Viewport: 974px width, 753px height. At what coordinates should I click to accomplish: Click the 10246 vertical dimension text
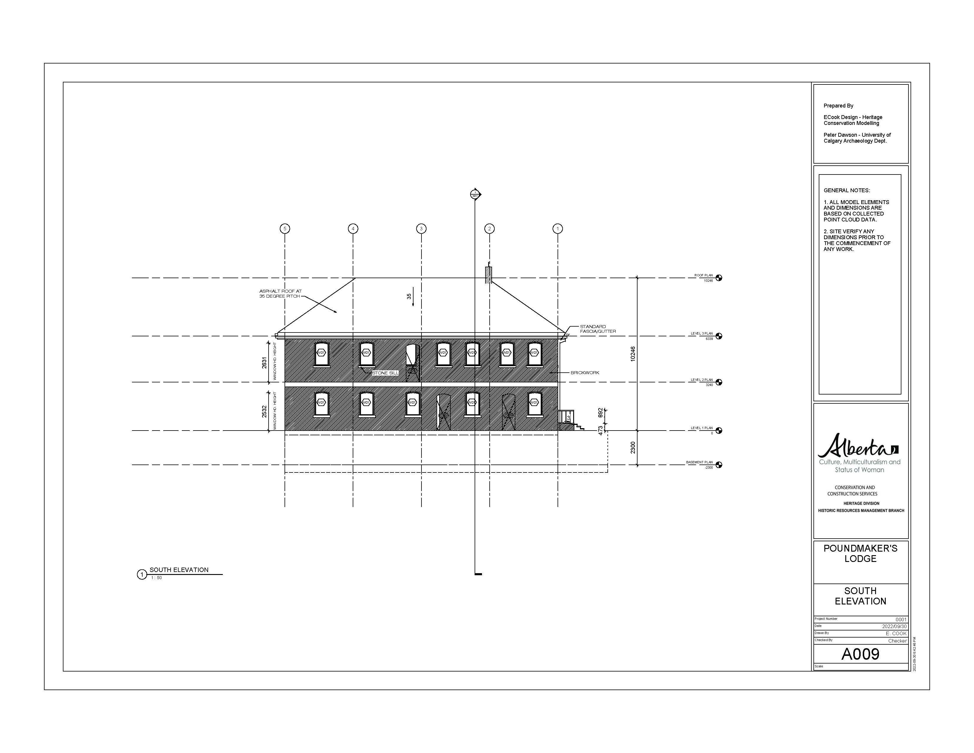[633, 354]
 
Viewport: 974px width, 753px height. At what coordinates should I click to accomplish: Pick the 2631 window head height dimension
[264, 363]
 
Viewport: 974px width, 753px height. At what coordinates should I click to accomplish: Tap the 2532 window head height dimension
[264, 411]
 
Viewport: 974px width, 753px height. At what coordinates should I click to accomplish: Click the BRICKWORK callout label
[585, 372]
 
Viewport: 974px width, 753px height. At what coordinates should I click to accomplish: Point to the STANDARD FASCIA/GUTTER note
[598, 329]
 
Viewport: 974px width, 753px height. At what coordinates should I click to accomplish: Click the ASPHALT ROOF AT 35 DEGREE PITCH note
[280, 294]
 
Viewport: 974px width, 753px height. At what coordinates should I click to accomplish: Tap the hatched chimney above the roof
[488, 275]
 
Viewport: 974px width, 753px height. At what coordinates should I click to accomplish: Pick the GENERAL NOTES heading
[846, 190]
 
